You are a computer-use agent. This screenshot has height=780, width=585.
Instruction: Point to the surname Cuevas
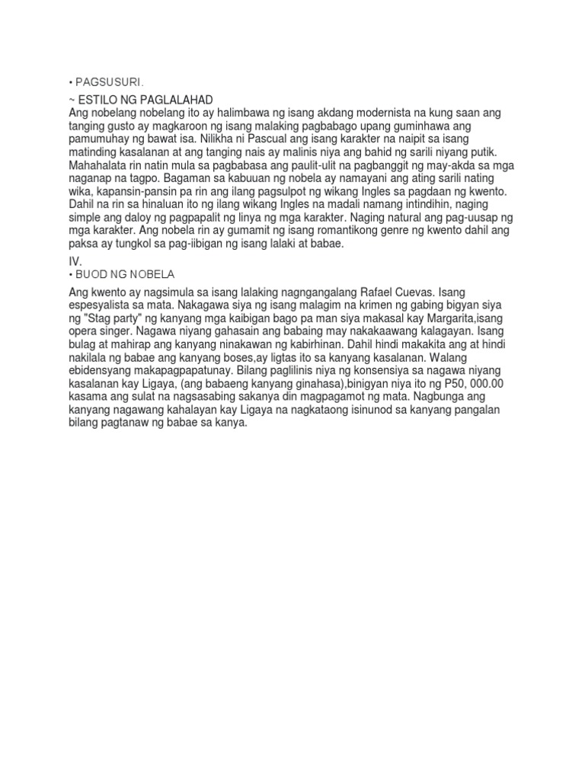click(x=430, y=293)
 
